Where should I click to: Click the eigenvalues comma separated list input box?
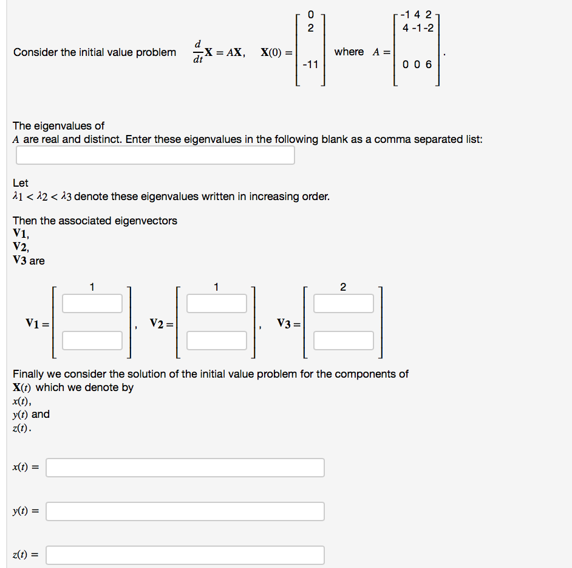[155, 155]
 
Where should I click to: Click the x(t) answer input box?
[185, 468]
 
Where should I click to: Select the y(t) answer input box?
[185, 511]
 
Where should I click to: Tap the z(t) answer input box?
[185, 555]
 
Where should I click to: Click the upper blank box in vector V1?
[92, 303]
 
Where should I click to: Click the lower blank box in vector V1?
[92, 340]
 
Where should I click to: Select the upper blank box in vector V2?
[216, 303]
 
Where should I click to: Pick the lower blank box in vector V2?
[216, 340]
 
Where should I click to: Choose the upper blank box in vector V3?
[343, 303]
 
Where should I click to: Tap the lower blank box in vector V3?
[343, 340]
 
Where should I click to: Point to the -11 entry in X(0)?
[310, 64]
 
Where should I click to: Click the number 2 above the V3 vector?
[343, 287]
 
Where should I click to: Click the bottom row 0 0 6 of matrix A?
[417, 64]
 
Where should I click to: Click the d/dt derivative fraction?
[197, 52]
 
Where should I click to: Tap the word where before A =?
[349, 52]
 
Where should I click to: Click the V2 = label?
[162, 323]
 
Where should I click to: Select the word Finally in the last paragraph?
[30, 374]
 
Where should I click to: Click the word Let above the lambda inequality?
[20, 183]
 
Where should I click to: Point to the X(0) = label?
[276, 52]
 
